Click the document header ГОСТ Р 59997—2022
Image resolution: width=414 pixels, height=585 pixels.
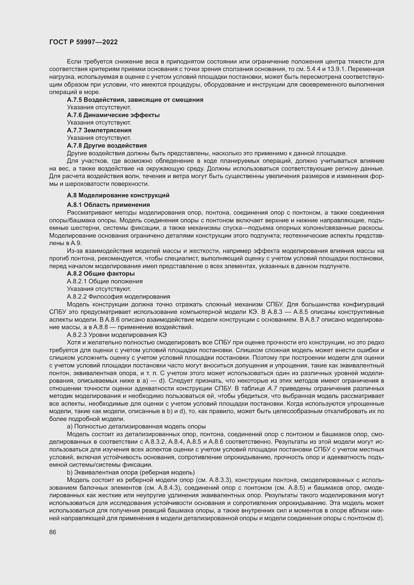(x=83, y=42)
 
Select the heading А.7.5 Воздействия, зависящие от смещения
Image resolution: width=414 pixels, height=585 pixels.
(x=135, y=100)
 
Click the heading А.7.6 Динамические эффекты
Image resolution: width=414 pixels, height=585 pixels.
(x=113, y=115)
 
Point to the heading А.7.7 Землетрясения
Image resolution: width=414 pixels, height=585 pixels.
(x=99, y=130)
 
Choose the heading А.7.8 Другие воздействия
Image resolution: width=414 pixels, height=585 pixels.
(x=107, y=146)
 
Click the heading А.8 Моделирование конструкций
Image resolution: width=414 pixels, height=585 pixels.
(x=118, y=195)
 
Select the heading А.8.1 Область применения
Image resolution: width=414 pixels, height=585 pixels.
(x=108, y=205)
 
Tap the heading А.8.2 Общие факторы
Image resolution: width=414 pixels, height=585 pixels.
(x=101, y=273)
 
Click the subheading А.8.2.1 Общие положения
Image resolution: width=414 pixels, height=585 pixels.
(x=105, y=281)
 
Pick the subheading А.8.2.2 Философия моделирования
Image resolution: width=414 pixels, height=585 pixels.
(x=118, y=296)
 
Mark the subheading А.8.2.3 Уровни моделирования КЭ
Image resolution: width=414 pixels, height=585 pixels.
(x=117, y=335)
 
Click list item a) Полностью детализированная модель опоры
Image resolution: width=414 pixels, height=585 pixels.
(x=136, y=426)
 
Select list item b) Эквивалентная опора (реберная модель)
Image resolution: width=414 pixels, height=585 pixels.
(x=130, y=472)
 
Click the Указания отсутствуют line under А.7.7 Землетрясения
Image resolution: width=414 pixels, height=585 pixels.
(x=99, y=138)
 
